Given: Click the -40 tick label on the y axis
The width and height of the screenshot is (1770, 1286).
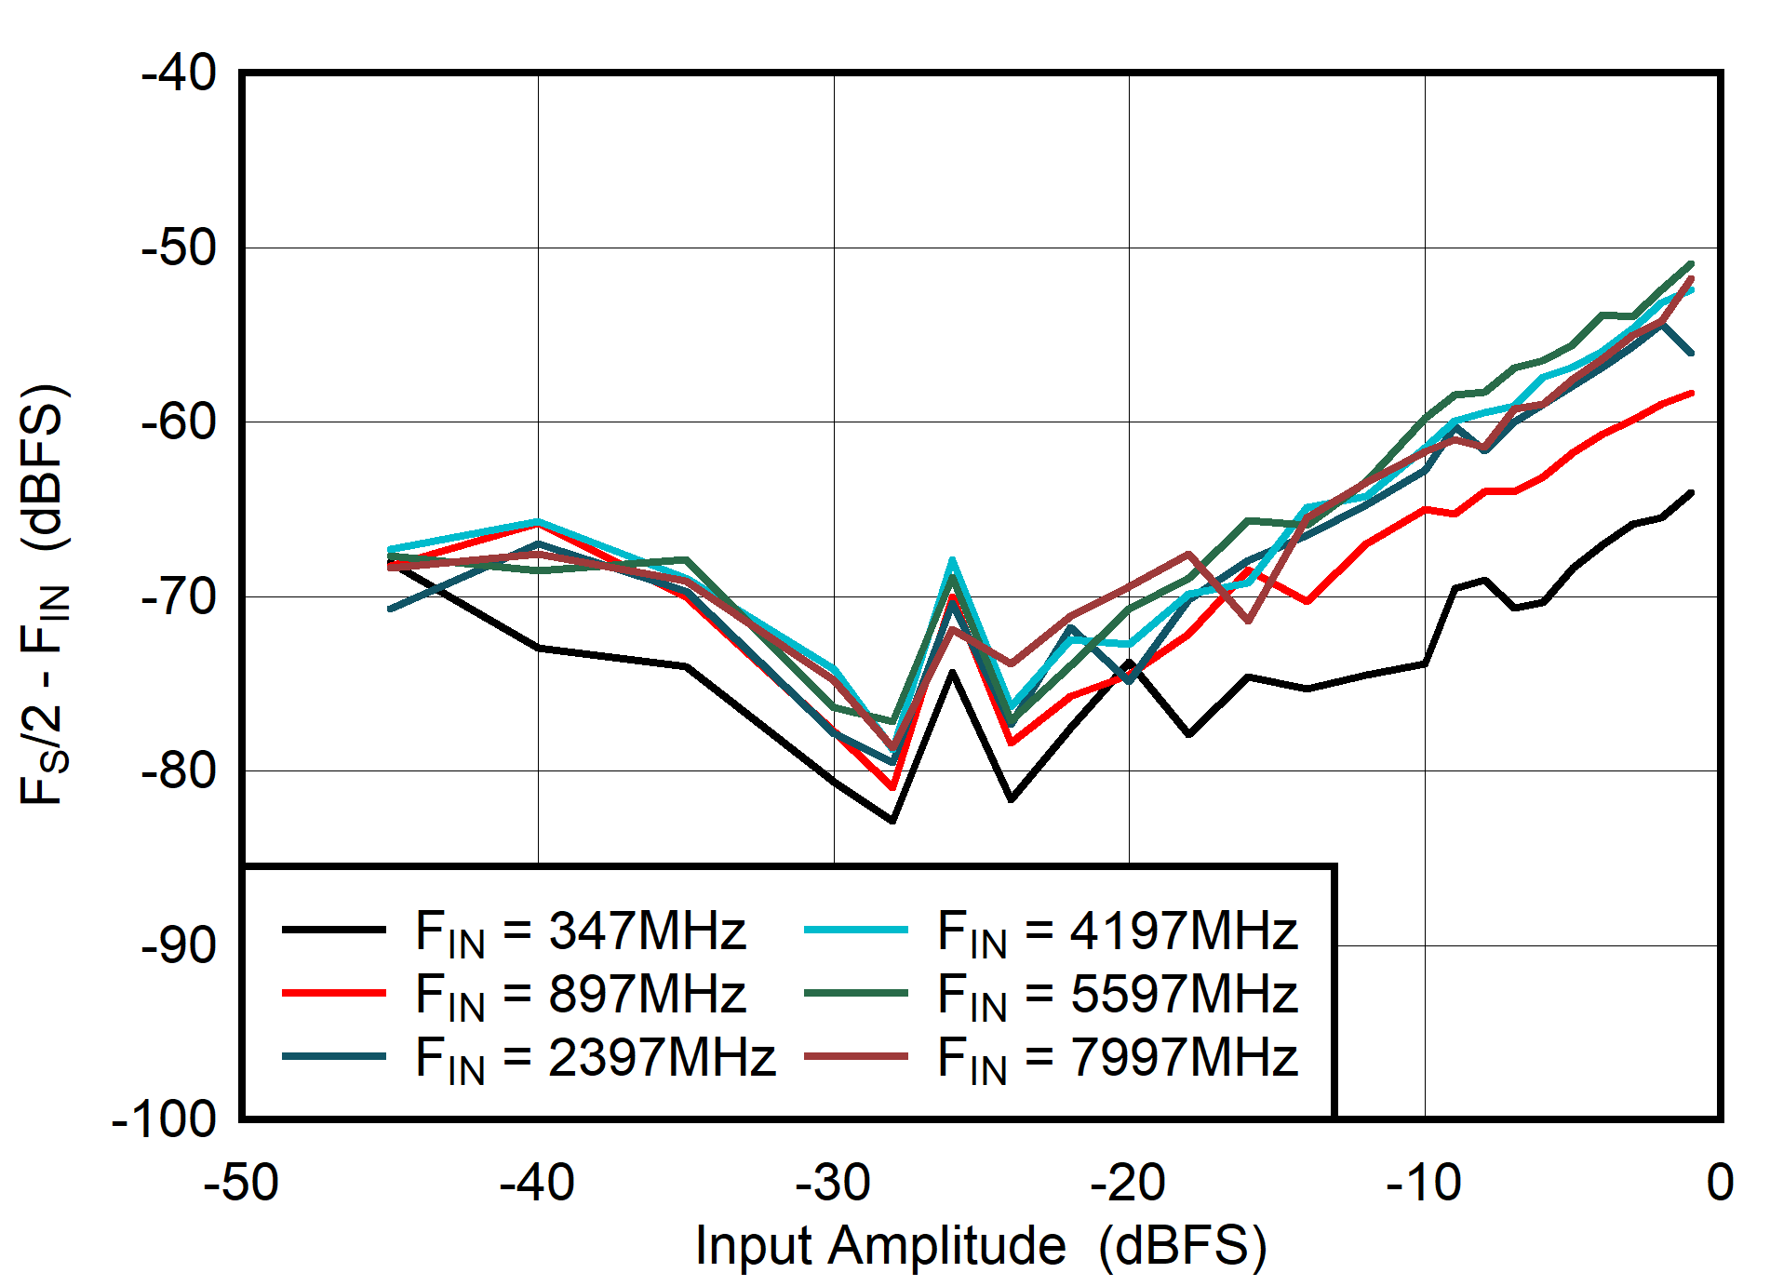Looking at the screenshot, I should point(179,73).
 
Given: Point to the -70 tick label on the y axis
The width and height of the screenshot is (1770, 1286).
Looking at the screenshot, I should point(179,596).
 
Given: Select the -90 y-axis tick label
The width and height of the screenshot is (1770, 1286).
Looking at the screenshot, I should point(179,945).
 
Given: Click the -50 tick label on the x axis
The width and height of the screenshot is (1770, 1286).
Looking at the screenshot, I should point(241,1183).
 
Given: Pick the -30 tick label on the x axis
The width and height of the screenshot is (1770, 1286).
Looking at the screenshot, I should point(833,1183).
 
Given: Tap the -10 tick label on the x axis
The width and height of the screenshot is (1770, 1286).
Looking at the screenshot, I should point(1424,1183).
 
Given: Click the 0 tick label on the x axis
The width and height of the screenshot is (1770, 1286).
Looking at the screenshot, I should point(1720,1183).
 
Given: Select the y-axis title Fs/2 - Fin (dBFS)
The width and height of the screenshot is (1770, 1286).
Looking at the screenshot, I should point(44,594).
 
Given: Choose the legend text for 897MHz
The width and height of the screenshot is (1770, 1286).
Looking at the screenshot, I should point(581,994).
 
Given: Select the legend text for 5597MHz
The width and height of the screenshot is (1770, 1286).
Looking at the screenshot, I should point(1117,994).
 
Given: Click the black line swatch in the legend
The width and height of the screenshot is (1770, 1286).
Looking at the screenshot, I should point(333,929).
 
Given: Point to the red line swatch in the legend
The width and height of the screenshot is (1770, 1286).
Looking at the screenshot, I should point(333,993).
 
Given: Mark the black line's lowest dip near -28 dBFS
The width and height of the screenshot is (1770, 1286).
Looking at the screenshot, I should point(892,821).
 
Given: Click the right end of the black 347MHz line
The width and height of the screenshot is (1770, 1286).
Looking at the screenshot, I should point(1691,492).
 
